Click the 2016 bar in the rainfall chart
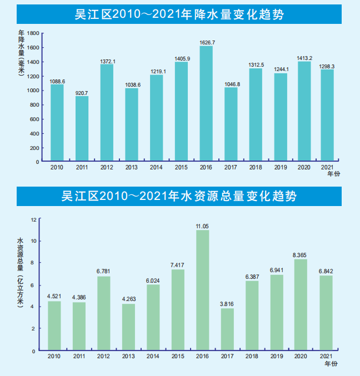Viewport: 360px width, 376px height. [206, 104]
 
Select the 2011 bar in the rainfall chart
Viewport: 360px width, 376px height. [82, 129]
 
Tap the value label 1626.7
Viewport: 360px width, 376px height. [206, 42]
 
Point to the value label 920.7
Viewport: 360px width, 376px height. [82, 92]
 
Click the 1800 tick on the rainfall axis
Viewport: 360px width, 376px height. [33, 33]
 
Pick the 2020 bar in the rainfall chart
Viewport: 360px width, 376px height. [304, 111]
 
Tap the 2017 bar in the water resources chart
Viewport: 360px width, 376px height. [227, 329]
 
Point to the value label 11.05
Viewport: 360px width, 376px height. [202, 226]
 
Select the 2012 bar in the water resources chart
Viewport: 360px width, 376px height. [103, 313]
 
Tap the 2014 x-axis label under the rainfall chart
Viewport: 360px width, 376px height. [156, 167]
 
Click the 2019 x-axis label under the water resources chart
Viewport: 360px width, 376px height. [277, 355]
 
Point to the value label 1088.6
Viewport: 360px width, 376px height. [57, 81]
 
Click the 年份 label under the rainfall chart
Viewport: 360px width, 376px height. [332, 174]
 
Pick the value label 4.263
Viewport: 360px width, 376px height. [128, 300]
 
